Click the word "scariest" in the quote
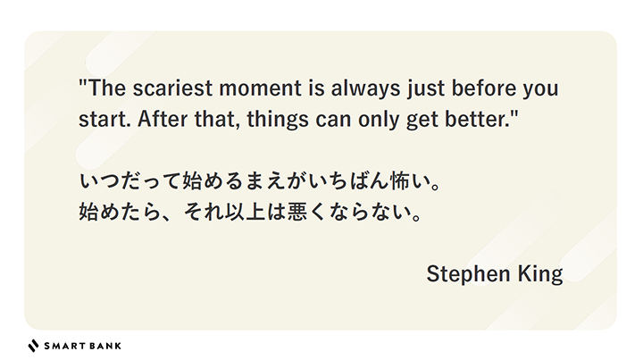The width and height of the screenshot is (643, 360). click(172, 88)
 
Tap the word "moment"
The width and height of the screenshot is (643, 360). click(261, 88)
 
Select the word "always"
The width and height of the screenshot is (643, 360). click(365, 89)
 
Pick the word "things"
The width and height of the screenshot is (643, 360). click(278, 120)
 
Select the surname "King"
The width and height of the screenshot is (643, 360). click(540, 274)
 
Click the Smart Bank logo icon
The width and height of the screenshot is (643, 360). click(33, 346)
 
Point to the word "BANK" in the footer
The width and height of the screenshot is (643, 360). click(105, 346)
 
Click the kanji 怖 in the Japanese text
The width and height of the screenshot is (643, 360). click(402, 181)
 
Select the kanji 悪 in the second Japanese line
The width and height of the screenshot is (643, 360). click(297, 212)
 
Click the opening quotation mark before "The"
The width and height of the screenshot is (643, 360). click(83, 81)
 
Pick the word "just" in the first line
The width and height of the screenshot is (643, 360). click(426, 89)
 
